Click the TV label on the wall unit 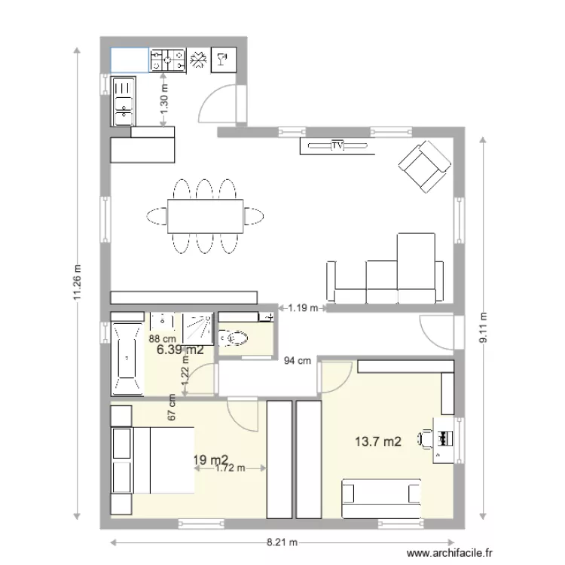coord(337,145)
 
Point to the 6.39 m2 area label coord(179,350)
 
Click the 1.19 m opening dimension coord(302,307)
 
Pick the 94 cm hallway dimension coord(297,361)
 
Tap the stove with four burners coord(168,60)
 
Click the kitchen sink coord(123,100)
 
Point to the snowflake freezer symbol coord(199,60)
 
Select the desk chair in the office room coord(427,438)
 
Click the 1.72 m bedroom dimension coord(230,468)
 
